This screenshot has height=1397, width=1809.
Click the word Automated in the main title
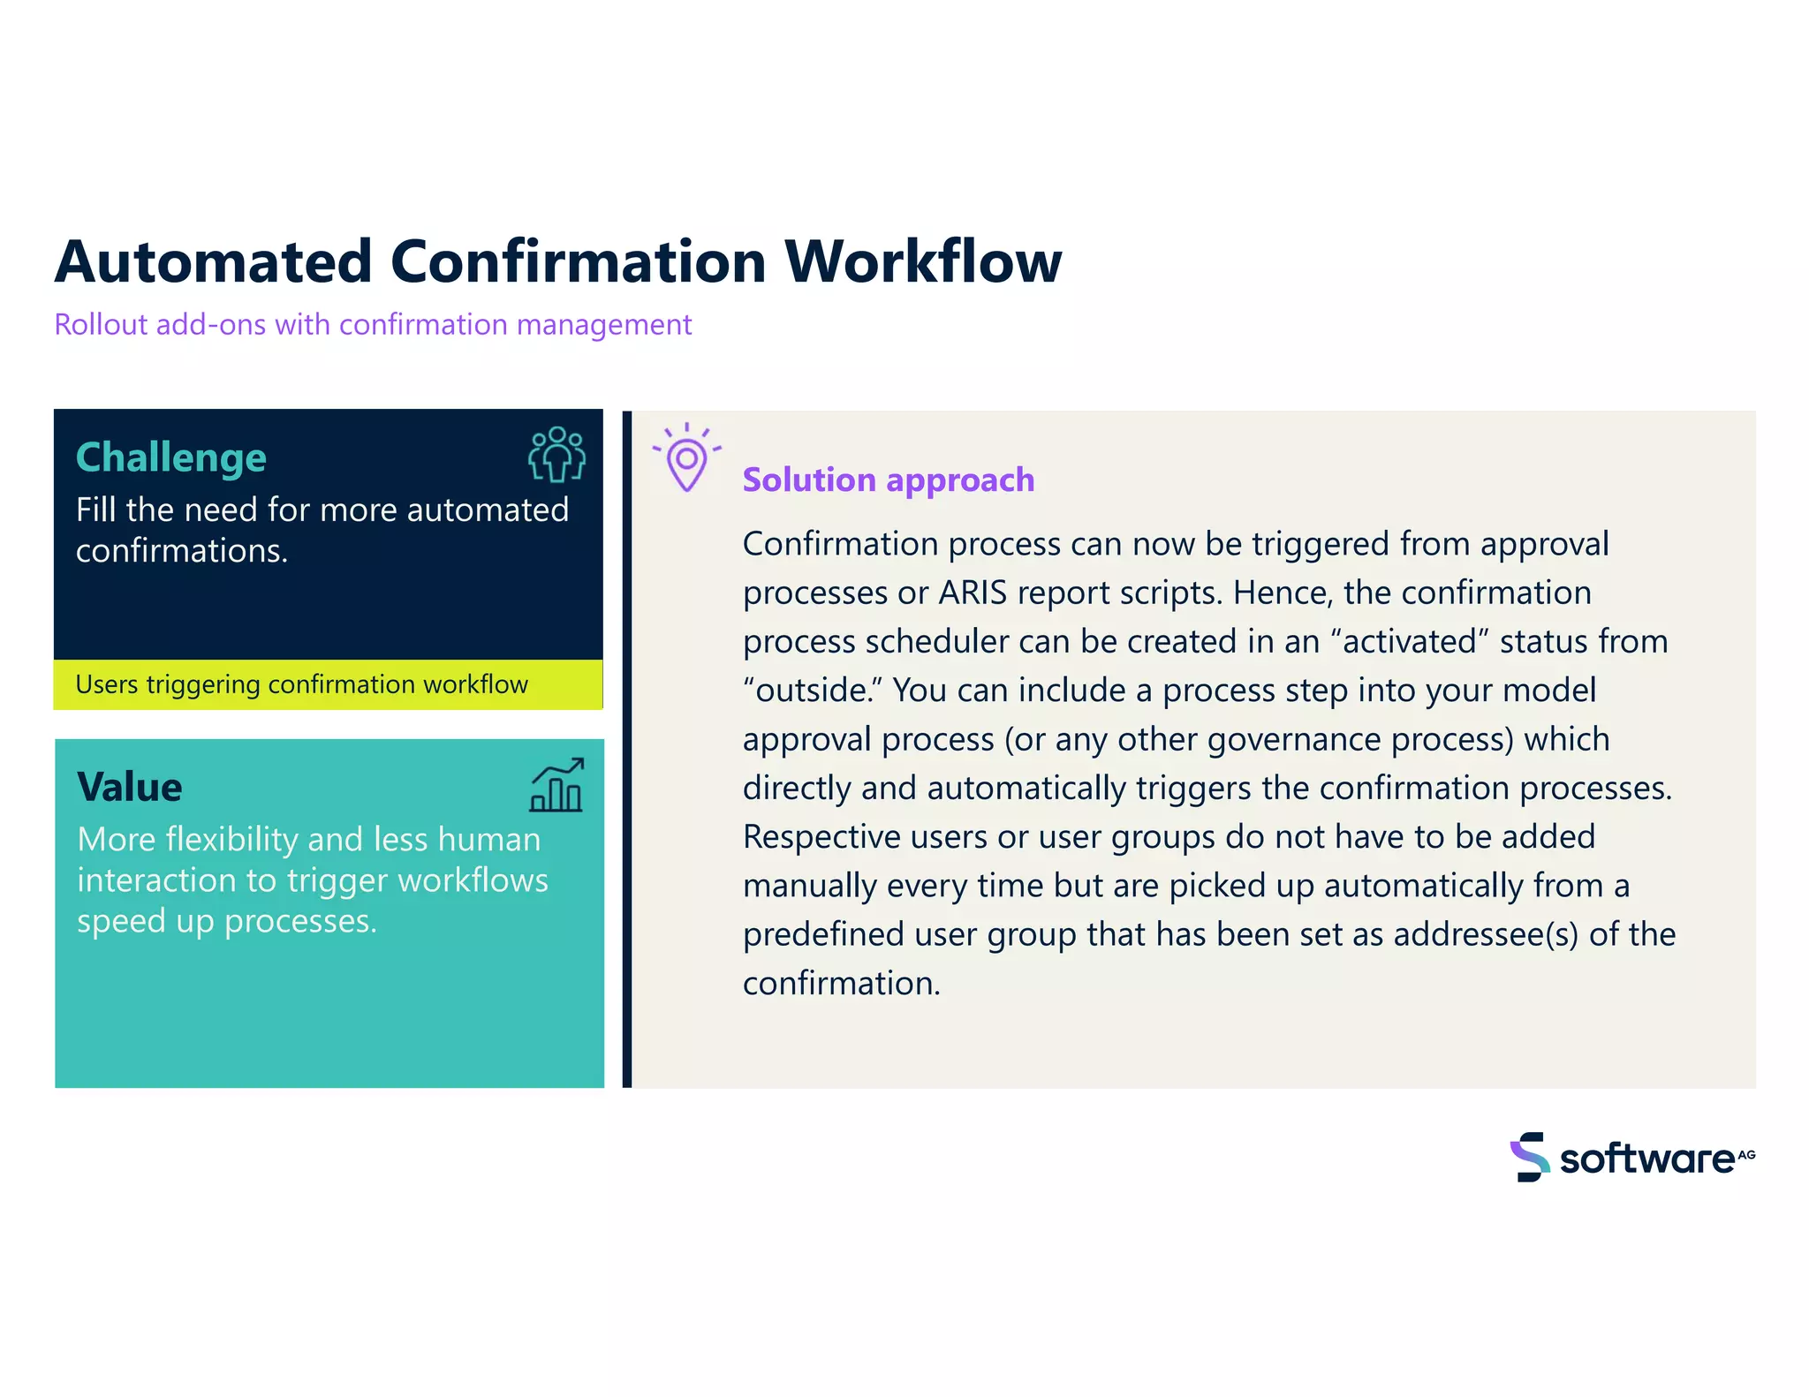click(213, 262)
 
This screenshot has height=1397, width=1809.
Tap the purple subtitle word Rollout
click(101, 325)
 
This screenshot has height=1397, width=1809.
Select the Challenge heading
click(171, 457)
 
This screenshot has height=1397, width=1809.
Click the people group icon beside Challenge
click(556, 454)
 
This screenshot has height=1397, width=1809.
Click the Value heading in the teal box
click(130, 787)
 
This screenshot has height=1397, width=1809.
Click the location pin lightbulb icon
click(686, 459)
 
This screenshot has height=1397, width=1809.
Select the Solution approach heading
click(888, 480)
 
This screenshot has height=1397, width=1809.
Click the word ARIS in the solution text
click(972, 593)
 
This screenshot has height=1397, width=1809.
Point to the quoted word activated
click(1410, 641)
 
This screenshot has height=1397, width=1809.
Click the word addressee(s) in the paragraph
click(1485, 934)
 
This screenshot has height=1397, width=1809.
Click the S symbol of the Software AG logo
click(1530, 1157)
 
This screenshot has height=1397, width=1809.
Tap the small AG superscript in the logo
click(1746, 1154)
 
